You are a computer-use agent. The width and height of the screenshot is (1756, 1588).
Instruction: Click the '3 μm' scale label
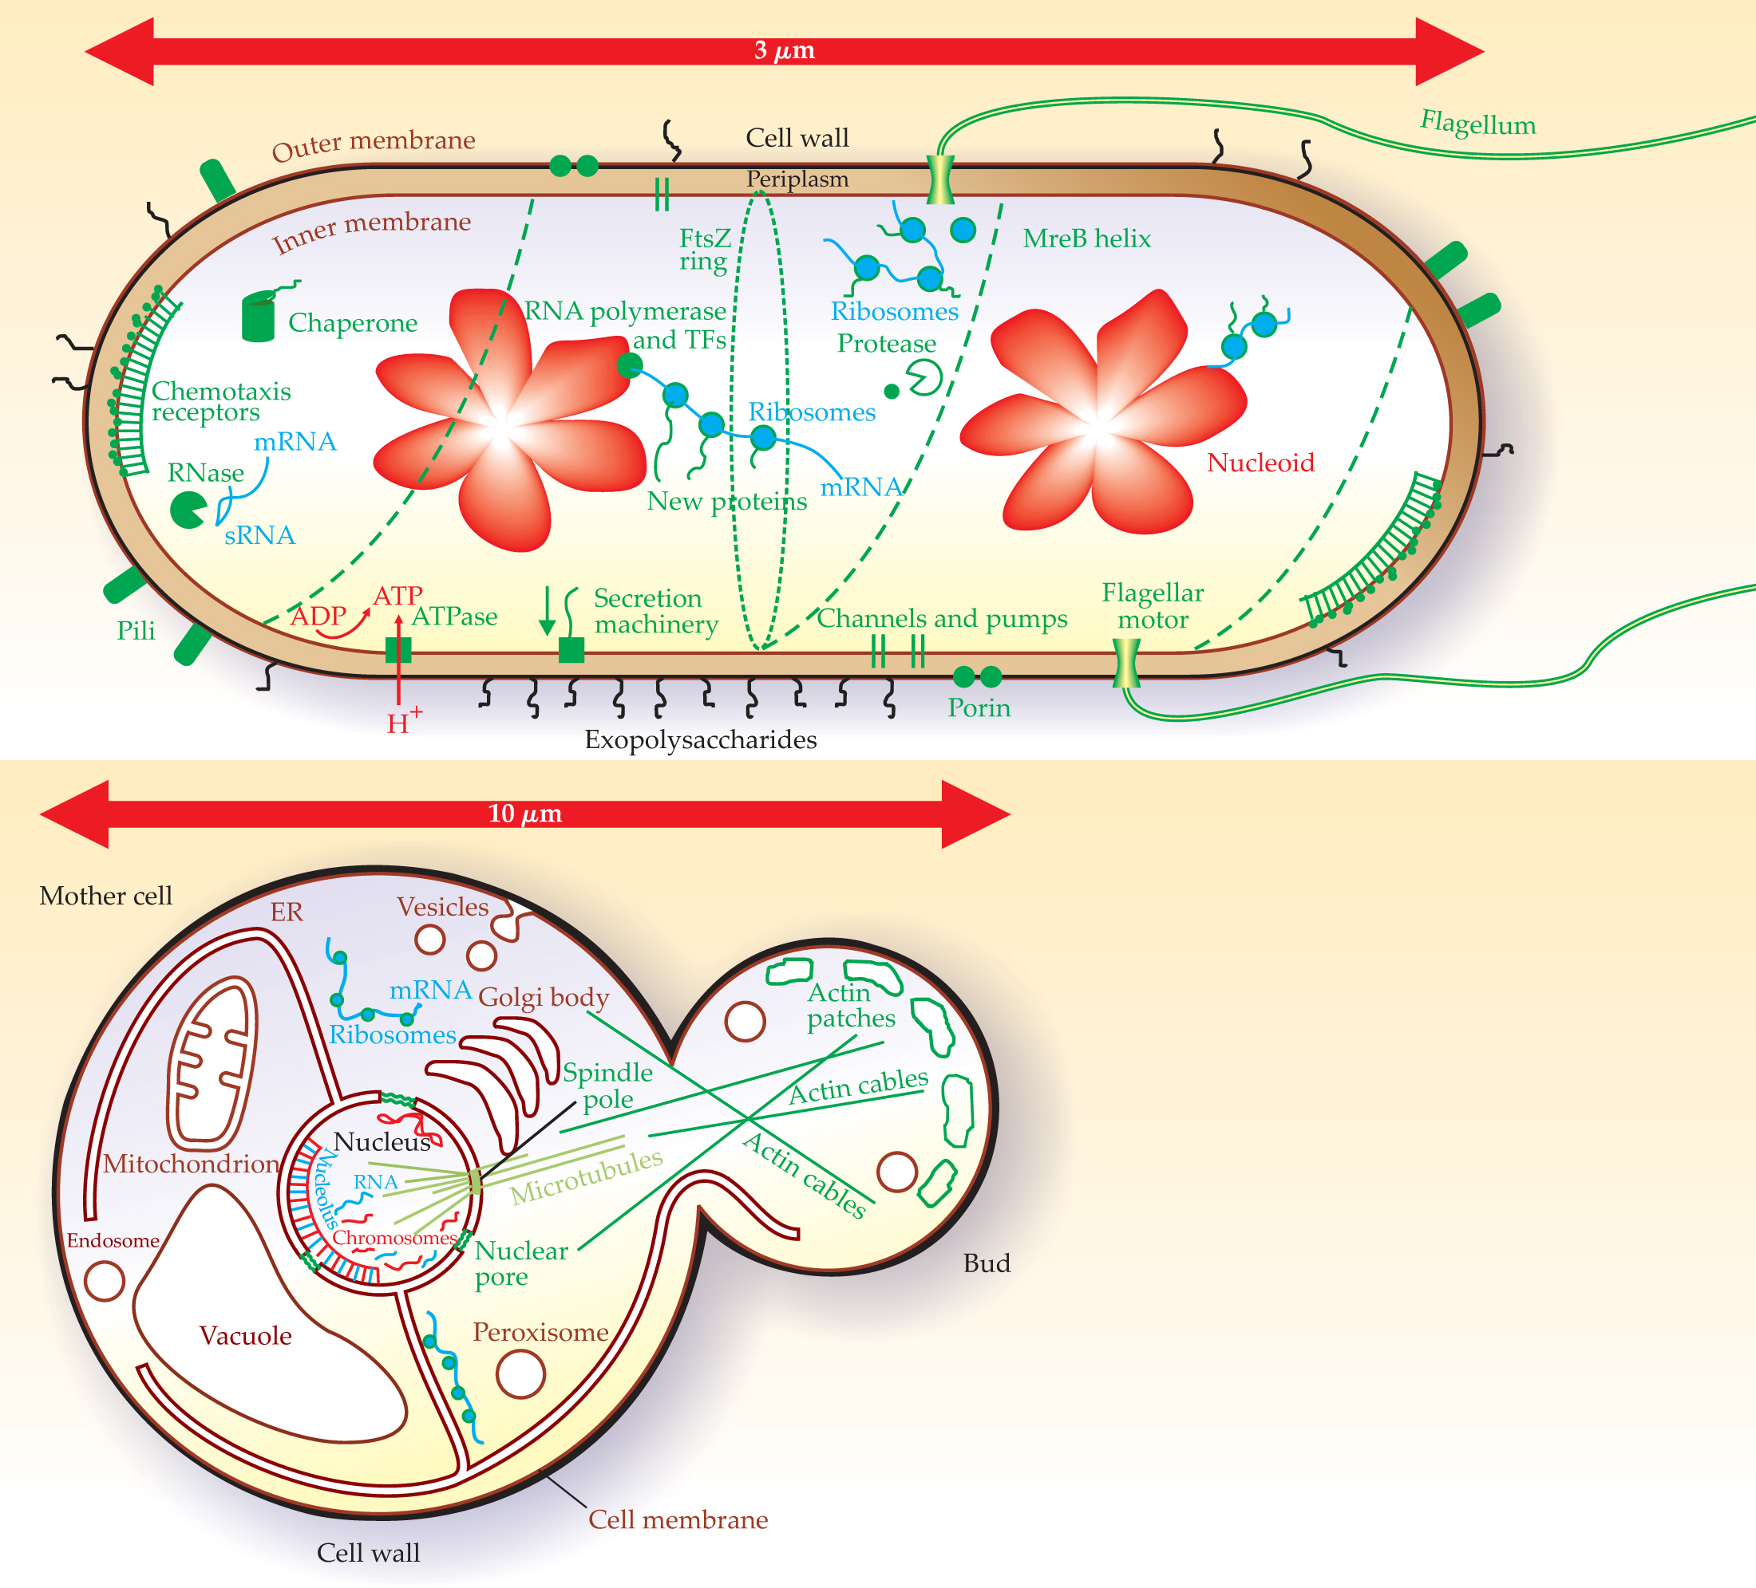click(x=784, y=50)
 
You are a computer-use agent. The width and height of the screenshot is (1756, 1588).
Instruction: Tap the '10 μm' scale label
click(x=524, y=814)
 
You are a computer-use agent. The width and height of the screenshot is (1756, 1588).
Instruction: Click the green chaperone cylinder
click(x=258, y=317)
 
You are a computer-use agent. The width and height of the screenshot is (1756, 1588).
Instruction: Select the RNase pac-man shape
click(x=187, y=510)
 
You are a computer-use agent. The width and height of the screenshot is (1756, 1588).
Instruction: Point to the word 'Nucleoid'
click(x=1260, y=463)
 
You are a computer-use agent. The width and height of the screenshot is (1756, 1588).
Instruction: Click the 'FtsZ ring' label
click(x=704, y=250)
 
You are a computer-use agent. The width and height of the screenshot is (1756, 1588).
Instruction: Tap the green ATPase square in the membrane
click(x=398, y=649)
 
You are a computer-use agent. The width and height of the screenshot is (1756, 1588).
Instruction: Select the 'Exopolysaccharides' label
click(x=700, y=739)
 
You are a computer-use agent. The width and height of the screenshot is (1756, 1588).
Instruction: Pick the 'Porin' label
click(x=979, y=707)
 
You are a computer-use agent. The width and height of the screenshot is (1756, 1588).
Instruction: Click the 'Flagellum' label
click(x=1477, y=124)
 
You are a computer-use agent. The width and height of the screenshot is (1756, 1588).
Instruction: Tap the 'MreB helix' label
click(x=1086, y=238)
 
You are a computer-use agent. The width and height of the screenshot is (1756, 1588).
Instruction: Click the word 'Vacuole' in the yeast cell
click(x=246, y=1335)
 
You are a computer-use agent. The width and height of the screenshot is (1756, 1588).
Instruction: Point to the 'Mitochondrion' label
click(x=191, y=1164)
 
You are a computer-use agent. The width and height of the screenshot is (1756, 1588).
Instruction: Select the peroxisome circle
click(x=520, y=1373)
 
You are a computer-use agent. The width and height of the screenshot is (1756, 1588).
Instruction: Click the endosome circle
click(x=105, y=1281)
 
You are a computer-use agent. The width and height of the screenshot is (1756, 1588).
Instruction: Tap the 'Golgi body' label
click(x=543, y=997)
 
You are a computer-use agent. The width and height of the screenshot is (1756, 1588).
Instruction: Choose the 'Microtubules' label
click(x=586, y=1176)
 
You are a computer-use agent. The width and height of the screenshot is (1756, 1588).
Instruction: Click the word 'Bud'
click(x=987, y=1263)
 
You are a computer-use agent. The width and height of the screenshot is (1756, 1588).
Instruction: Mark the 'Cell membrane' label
click(x=678, y=1519)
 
